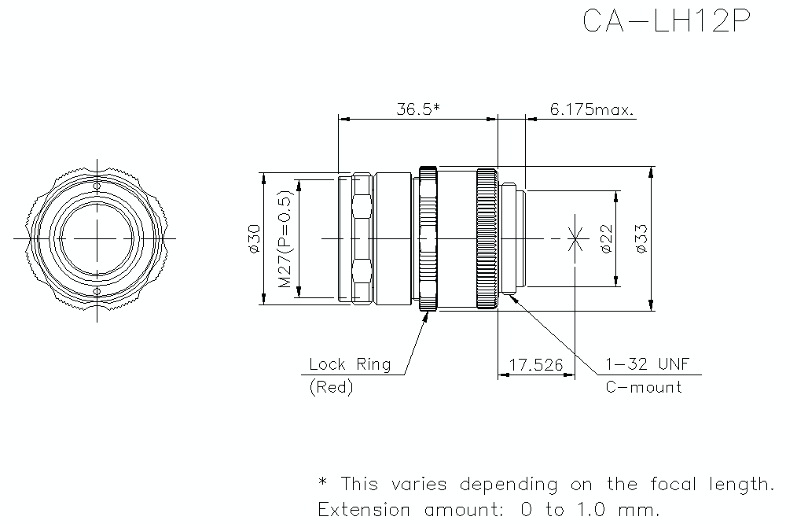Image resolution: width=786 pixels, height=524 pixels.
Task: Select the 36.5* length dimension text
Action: [417, 109]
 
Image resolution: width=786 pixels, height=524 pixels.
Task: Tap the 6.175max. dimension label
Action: [592, 109]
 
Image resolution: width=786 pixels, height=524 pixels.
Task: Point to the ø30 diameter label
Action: [254, 238]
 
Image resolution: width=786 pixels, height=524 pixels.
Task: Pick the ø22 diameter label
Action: [606, 238]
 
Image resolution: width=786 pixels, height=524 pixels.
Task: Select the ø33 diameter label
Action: [641, 238]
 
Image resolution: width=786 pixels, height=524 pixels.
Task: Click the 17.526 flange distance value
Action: [536, 365]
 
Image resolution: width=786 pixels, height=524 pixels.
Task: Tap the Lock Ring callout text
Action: [350, 364]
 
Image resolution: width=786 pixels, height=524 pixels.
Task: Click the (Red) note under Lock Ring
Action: [332, 387]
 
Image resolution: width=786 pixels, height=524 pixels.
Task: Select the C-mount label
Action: [643, 387]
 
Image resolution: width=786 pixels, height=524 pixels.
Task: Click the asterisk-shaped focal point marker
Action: [577, 238]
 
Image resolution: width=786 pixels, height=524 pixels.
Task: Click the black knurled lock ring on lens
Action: [428, 238]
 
